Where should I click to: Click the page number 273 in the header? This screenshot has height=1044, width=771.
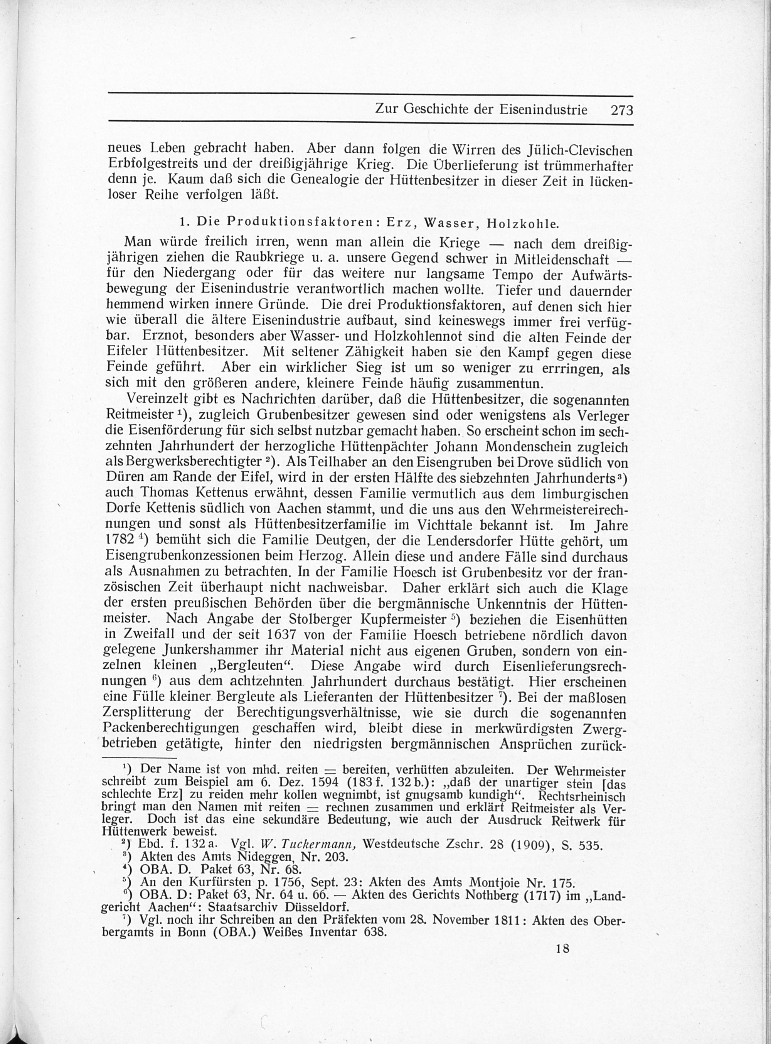pos(621,110)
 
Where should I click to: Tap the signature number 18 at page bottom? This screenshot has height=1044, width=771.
pos(562,949)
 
